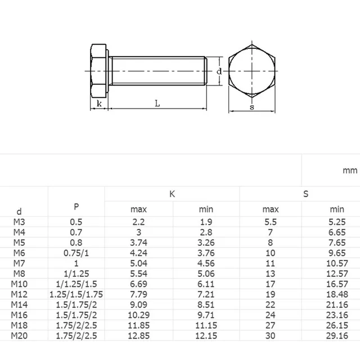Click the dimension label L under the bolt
pos(157,103)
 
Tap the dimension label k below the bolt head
pos(99,103)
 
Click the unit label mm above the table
pos(349,170)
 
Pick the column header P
pos(76,206)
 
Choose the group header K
pos(172,194)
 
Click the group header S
pos(306,194)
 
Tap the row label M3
pos(19,222)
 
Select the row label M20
pos(19,336)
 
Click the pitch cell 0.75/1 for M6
pos(76,253)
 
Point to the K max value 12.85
pos(138,336)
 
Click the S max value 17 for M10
pos(271,284)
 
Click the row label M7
pos(19,263)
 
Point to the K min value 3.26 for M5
pos(206,243)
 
